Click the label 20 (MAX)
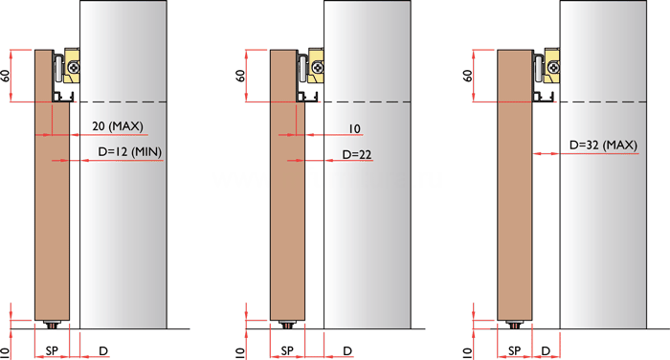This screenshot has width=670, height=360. [x=118, y=126]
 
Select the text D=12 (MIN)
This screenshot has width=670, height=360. [x=130, y=152]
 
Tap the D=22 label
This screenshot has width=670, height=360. [x=357, y=154]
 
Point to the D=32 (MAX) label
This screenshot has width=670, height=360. [x=603, y=145]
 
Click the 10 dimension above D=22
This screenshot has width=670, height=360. [x=355, y=128]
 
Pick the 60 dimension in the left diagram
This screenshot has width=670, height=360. [x=5, y=76]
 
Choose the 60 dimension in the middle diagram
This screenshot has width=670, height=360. [x=240, y=76]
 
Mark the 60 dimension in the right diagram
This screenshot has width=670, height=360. [x=468, y=76]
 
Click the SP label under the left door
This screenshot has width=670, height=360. [x=52, y=351]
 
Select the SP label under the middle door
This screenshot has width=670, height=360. [x=287, y=351]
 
